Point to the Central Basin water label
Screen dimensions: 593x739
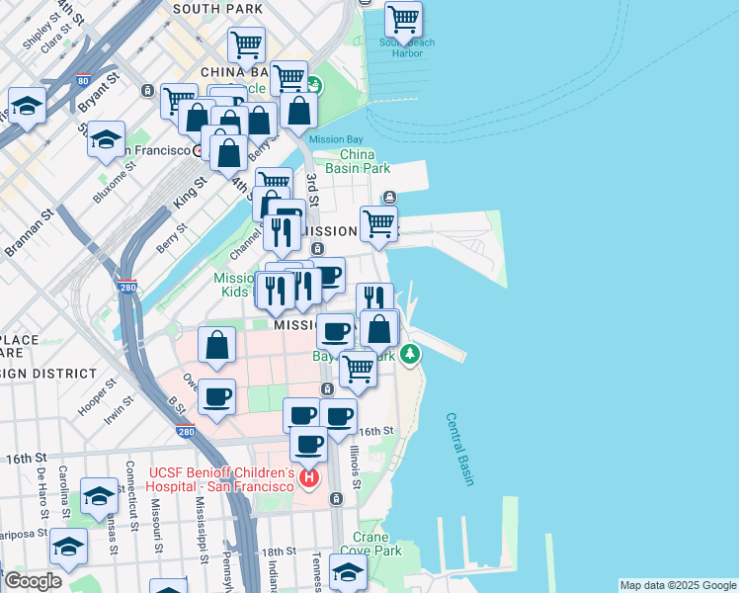(459, 449)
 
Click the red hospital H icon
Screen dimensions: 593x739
(309, 479)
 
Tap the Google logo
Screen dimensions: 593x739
(33, 581)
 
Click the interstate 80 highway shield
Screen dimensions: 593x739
(81, 81)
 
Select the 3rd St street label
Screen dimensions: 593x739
(311, 188)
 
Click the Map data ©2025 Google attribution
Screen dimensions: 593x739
(677, 585)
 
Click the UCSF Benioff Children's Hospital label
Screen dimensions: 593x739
(221, 479)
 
